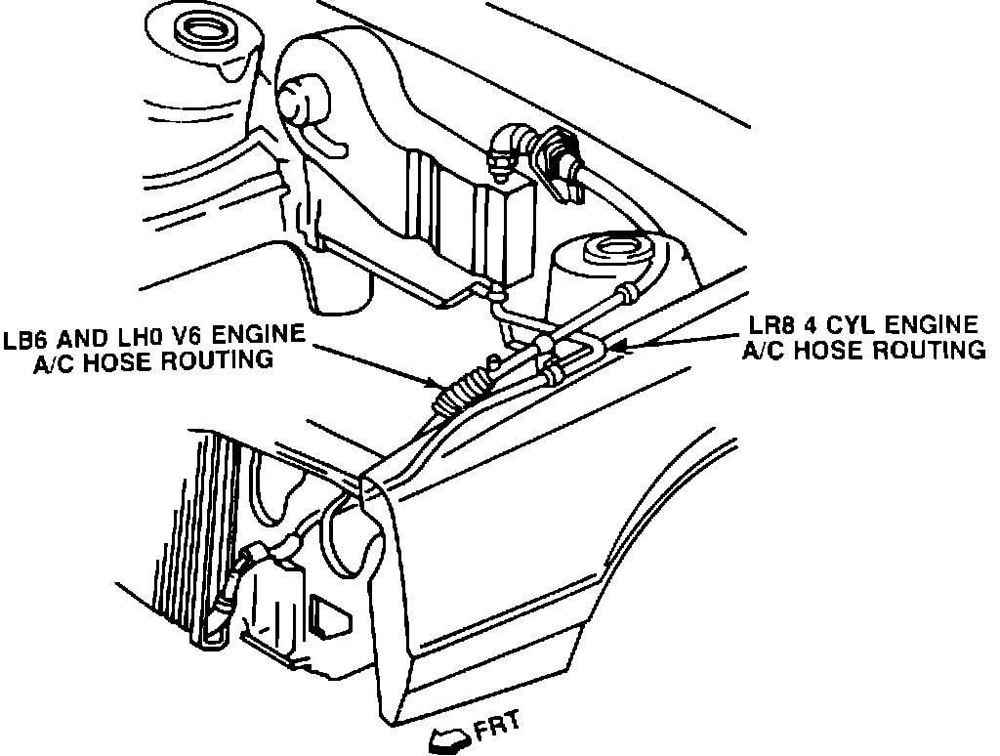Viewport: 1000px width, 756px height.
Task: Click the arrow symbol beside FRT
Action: [447, 739]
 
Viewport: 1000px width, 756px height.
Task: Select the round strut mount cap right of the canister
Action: [610, 251]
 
